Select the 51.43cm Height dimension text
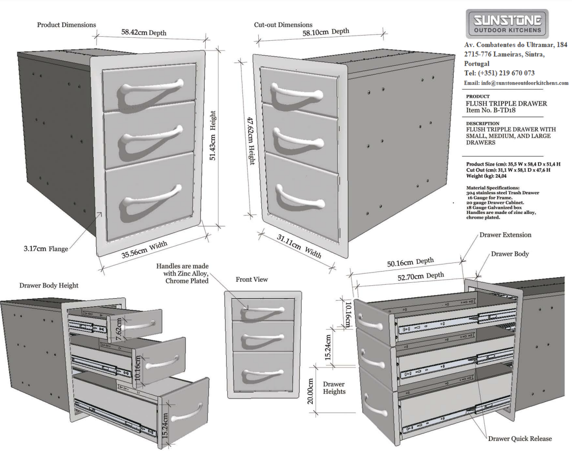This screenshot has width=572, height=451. [x=213, y=135]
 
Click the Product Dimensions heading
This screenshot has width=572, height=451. [x=66, y=25]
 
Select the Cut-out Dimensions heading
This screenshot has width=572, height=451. [x=283, y=24]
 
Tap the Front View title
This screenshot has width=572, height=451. [x=252, y=279]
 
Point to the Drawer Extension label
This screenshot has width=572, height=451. [x=505, y=235]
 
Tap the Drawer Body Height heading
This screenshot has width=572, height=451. [x=49, y=285]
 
